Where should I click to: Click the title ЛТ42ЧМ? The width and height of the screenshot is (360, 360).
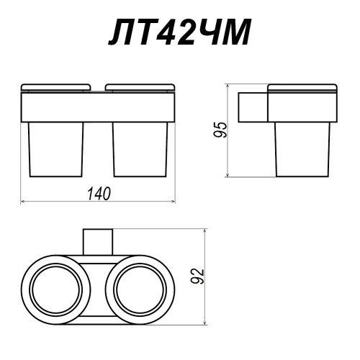(179, 32)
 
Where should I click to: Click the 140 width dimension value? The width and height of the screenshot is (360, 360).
(99, 194)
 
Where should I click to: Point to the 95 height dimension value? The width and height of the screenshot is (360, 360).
(220, 130)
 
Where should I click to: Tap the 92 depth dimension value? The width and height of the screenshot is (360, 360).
(199, 276)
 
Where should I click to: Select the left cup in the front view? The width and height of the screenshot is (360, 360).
(56, 150)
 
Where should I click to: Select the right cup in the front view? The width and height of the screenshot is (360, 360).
(140, 150)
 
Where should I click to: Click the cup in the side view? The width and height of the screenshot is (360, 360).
(303, 150)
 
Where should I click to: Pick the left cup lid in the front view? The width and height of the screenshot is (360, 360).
(56, 87)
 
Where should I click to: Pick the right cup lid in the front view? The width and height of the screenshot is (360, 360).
(140, 87)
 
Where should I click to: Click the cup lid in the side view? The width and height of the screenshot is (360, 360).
(302, 88)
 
